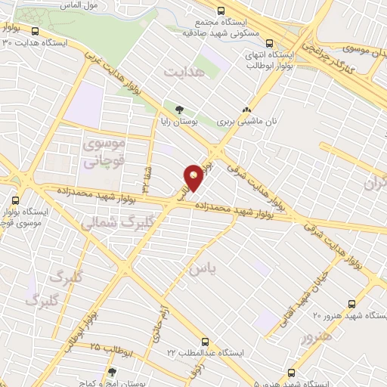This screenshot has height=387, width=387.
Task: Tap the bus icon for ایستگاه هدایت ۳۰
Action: point(36,31)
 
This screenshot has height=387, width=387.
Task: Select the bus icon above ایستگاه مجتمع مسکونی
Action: point(221,11)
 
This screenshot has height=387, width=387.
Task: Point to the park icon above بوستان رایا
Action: point(178,109)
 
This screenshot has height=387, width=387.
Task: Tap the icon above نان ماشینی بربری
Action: point(246,109)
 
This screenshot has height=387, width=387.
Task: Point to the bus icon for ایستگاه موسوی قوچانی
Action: point(16,200)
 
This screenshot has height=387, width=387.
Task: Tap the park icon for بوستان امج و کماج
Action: point(113,372)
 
